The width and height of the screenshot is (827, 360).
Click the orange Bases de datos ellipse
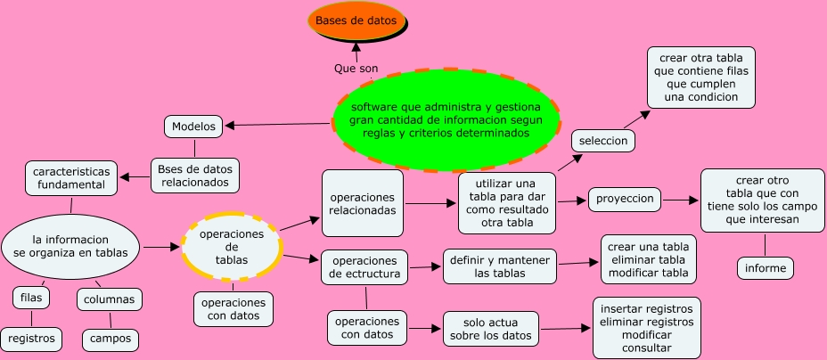point(356,20)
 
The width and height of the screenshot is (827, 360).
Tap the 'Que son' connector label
point(356,68)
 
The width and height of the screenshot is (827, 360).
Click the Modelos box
point(193,127)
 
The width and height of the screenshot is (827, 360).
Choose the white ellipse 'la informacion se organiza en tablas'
point(70,246)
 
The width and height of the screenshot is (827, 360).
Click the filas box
point(31,298)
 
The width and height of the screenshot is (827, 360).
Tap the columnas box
point(109,299)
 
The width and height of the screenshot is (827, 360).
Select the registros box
point(32,339)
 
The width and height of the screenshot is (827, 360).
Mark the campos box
point(111,339)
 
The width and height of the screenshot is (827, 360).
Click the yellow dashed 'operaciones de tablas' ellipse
point(232,247)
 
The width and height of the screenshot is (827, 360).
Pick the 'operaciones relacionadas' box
point(362,203)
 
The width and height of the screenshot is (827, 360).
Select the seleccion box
point(603,141)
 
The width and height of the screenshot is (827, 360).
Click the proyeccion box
point(626,199)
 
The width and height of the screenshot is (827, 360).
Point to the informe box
point(765,267)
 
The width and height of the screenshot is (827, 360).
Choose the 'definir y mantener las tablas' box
point(500,266)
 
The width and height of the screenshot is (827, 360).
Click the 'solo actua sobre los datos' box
point(492,328)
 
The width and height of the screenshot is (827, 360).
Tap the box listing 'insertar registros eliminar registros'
point(647,328)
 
